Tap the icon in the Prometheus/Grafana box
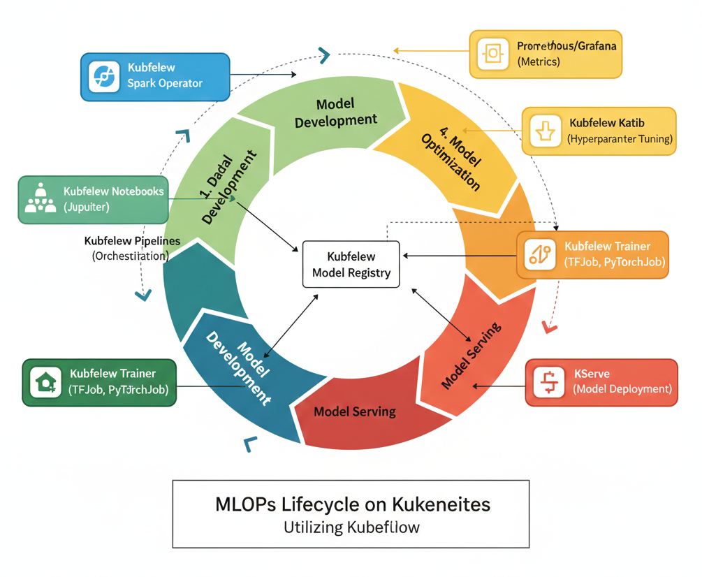493,53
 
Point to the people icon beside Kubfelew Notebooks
40,199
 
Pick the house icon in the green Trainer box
45,381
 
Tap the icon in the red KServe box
549,381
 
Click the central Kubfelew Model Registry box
351,263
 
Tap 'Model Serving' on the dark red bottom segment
354,411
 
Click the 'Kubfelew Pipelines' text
132,241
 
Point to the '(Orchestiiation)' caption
131,256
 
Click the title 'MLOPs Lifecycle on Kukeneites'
352,504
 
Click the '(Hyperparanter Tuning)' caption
620,138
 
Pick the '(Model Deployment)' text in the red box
622,389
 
